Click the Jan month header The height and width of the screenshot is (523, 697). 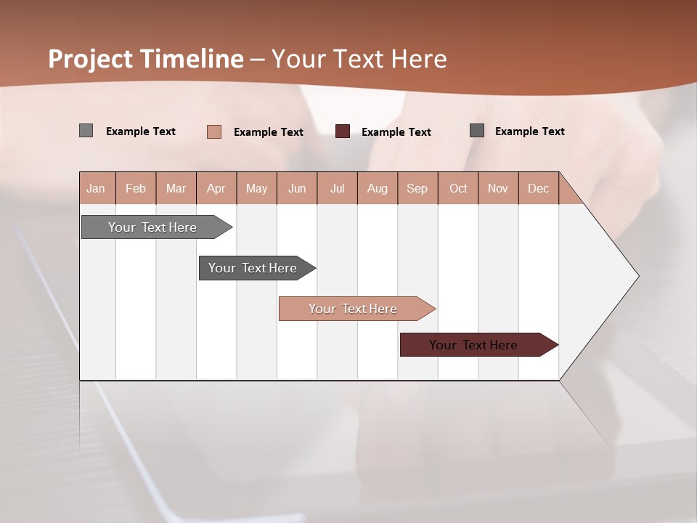96,188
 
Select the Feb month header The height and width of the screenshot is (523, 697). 136,188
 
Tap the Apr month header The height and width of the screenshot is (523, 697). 216,188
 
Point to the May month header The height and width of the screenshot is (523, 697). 256,188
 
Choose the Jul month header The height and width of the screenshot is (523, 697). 337,188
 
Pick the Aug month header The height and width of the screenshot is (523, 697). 377,188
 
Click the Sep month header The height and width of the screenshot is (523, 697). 417,188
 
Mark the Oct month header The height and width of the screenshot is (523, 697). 458,188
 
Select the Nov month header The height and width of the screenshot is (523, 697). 498,188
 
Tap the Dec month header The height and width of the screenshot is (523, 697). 538,188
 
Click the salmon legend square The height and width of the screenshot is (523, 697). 214,131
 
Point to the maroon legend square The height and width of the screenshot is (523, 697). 343,131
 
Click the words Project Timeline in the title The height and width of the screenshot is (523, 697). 146,59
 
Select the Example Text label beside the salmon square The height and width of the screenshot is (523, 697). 269,132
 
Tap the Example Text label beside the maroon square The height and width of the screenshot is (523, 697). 396,132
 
